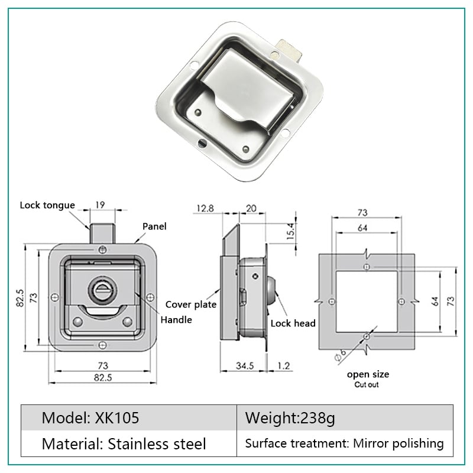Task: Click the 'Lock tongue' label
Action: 47,205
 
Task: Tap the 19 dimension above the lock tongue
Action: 100,205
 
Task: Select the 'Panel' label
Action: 154,226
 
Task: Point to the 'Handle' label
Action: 176,319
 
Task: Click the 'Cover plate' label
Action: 190,304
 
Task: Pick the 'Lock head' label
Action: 293,323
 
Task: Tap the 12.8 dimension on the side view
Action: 205,208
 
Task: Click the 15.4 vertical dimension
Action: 290,231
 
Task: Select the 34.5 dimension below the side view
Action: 245,365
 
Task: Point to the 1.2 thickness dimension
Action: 284,365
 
